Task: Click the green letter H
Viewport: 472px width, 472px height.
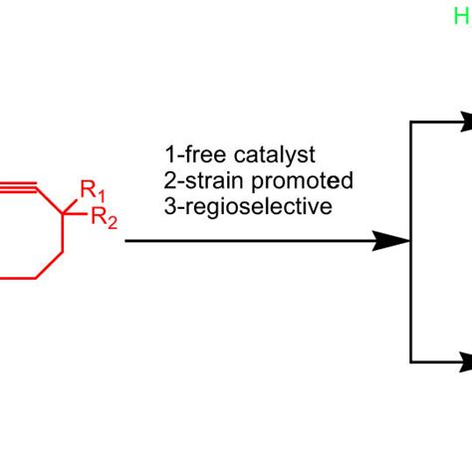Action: [x=460, y=15]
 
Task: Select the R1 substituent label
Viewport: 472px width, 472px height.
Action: [x=91, y=187]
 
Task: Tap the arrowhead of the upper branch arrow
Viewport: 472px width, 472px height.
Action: [x=463, y=121]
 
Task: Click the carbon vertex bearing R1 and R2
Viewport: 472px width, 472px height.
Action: [x=64, y=213]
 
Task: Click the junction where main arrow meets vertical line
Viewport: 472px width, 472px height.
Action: [x=411, y=241]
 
